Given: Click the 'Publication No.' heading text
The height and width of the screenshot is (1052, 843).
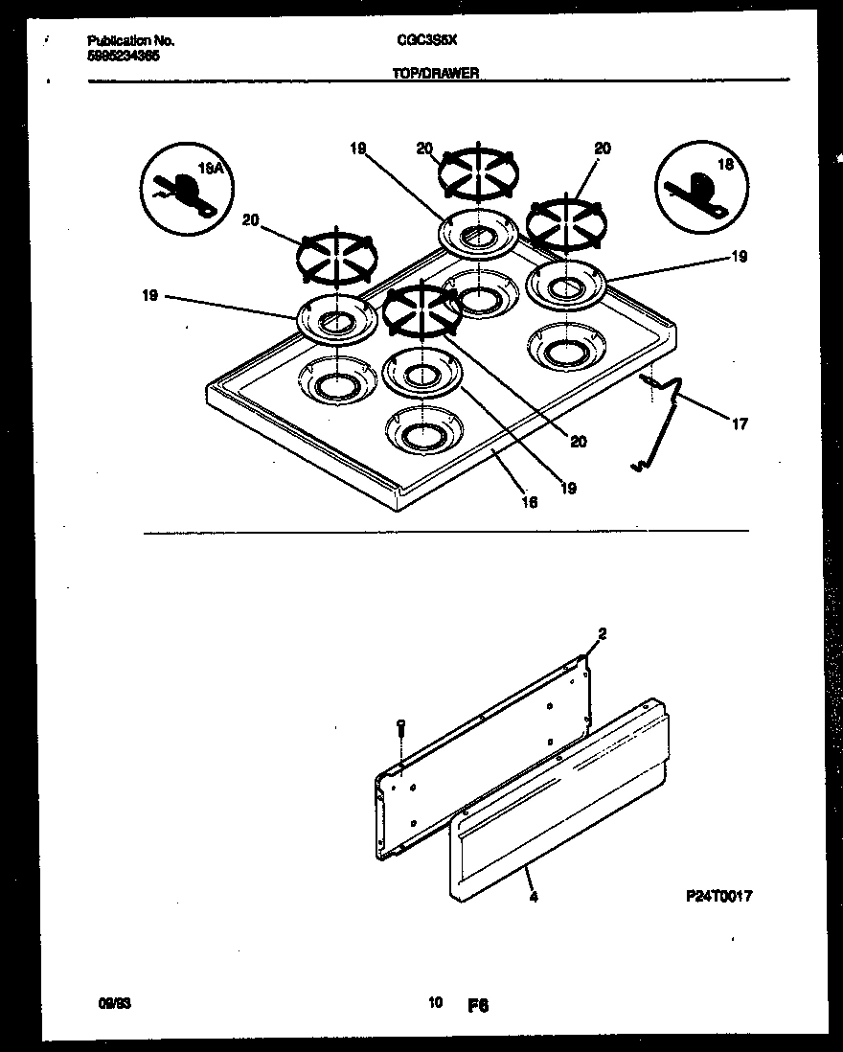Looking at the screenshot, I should coord(130,41).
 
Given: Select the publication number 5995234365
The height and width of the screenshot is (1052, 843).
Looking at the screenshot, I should coord(124,56).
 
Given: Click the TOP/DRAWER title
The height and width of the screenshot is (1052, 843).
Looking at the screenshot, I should coord(436,72).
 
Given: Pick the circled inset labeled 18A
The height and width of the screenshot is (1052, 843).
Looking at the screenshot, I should coord(182,189).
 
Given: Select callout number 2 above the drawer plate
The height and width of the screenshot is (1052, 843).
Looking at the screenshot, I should coord(602,633).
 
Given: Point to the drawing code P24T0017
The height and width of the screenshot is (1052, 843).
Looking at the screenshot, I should coord(718,897).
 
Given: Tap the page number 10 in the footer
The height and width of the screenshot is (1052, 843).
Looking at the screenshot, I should coord(436,1003).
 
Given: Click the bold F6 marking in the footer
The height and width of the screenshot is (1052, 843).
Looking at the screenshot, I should coord(479,1005).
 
